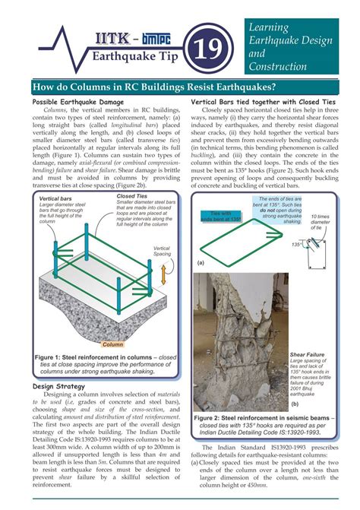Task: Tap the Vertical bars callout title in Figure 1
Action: click(x=54, y=199)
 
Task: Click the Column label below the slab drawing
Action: click(x=112, y=344)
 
